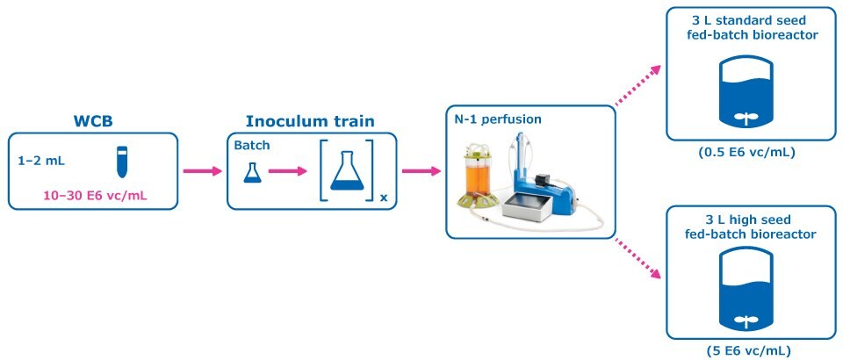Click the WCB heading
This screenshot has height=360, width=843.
(93, 120)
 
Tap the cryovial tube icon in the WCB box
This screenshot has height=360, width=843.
(122, 162)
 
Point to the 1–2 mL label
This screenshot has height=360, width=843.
(40, 162)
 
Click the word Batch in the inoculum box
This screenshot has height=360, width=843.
(252, 145)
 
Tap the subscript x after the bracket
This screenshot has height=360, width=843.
(383, 198)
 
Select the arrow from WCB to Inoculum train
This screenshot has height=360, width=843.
(203, 170)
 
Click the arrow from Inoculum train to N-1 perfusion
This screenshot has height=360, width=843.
(421, 170)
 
